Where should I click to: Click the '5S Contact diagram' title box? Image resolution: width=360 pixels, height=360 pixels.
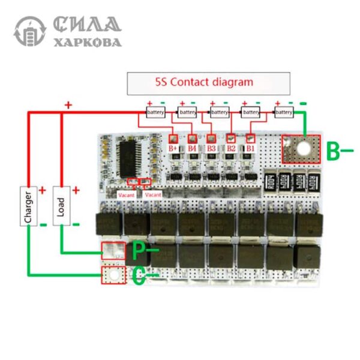coord(208,83)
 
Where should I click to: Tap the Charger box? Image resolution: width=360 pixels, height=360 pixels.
coord(27,205)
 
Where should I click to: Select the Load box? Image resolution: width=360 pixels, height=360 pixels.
coord(61,205)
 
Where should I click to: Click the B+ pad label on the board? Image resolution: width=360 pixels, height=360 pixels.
coord(175,147)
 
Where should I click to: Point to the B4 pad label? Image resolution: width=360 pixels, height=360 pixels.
coord(192,147)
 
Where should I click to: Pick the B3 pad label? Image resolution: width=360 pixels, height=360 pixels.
coord(211,147)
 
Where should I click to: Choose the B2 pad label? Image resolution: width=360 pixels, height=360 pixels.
coord(231,147)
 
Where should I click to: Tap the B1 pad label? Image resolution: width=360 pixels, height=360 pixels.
coord(251,147)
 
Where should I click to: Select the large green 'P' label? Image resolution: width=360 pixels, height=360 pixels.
coord(139,248)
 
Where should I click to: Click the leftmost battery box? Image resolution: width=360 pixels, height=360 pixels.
coord(155,112)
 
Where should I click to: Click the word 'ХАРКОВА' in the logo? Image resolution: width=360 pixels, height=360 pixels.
coord(88,43)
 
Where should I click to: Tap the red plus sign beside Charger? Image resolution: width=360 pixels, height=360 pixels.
coord(43,191)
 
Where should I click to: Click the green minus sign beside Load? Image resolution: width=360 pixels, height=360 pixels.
coord(76,224)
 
